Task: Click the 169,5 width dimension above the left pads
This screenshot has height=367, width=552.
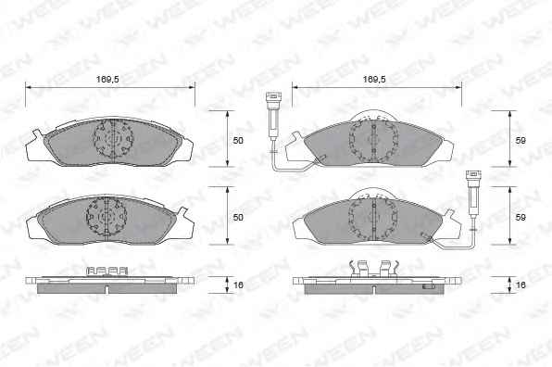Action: tap(107, 80)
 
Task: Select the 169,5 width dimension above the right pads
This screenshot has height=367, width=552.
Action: tap(374, 80)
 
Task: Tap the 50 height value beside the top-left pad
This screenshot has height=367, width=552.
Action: tap(238, 141)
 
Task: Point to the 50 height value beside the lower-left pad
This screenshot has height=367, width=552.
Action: tap(238, 217)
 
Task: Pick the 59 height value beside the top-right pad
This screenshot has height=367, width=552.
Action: tap(521, 141)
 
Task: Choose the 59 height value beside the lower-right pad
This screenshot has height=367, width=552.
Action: tap(521, 217)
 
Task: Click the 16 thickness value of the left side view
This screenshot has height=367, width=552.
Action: tap(238, 285)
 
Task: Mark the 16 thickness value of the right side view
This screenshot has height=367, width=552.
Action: tap(521, 285)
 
